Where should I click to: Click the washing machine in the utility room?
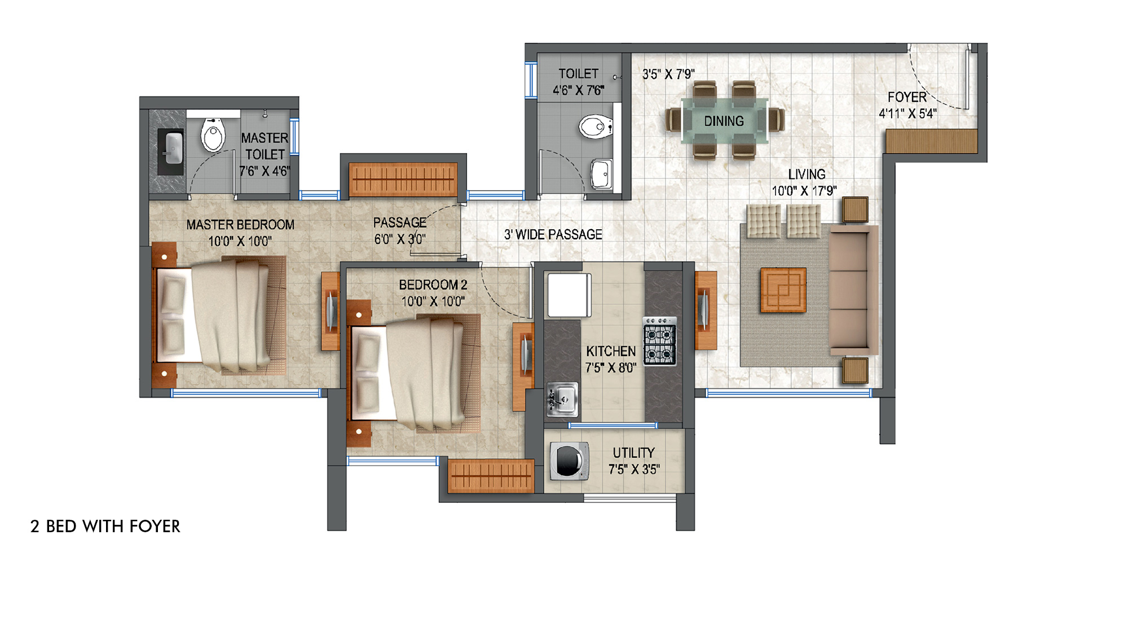click(x=569, y=461)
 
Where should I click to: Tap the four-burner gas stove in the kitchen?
click(x=659, y=342)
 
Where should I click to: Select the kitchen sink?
click(x=562, y=400)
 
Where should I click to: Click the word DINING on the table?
click(x=724, y=121)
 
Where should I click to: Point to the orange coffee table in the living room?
click(x=783, y=290)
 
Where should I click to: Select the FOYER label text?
click(x=907, y=97)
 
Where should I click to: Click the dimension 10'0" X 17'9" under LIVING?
click(x=804, y=191)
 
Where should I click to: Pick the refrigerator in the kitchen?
click(x=569, y=295)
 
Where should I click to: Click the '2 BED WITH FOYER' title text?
click(x=105, y=527)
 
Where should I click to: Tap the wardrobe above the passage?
click(x=403, y=179)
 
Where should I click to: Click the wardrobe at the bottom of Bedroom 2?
click(x=490, y=476)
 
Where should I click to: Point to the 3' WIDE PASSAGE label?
click(x=553, y=235)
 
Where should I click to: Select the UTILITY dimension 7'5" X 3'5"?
click(x=633, y=470)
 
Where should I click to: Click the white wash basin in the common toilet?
click(x=601, y=173)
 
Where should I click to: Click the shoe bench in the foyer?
click(x=931, y=141)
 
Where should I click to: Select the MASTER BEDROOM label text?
click(x=240, y=225)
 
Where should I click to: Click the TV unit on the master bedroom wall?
click(x=330, y=311)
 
